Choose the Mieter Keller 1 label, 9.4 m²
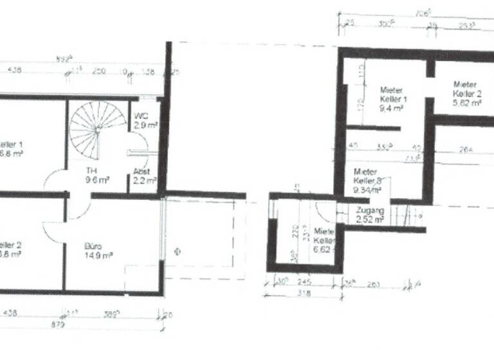pyautogui.click(x=392, y=99)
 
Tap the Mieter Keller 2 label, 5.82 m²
pyautogui.click(x=466, y=93)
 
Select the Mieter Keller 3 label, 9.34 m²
pyautogui.click(x=368, y=180)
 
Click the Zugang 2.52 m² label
pyautogui.click(x=370, y=215)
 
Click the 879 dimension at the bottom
pyautogui.click(x=76, y=325)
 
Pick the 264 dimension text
pyautogui.click(x=466, y=150)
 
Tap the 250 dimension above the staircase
pyautogui.click(x=98, y=71)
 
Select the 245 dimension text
pyautogui.click(x=305, y=281)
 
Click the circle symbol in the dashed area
pyautogui.click(x=177, y=252)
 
